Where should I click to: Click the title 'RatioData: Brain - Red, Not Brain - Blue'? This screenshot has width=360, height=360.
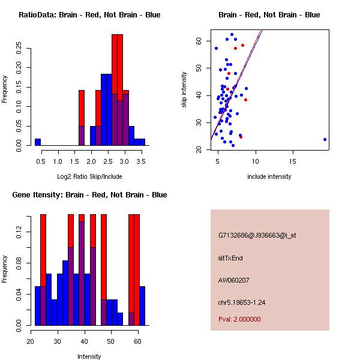point(89,15)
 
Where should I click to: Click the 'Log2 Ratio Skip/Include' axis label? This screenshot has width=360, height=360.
point(89,176)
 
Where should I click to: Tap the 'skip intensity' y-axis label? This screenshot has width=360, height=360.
point(184,90)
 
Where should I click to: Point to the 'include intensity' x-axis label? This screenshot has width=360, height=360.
point(269,176)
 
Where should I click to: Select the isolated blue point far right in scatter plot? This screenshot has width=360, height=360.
point(325,139)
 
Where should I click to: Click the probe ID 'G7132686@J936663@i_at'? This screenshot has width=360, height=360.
point(257,235)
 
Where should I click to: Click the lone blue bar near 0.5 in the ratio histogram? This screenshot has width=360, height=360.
point(38,142)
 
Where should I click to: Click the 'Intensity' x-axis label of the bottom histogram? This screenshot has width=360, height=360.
point(89,356)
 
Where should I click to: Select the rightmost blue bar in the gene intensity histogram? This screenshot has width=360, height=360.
point(142,306)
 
